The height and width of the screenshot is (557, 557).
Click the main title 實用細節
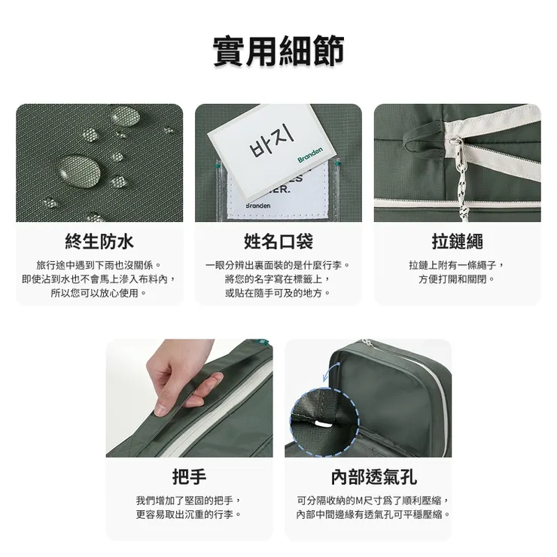pyautogui.click(x=278, y=51)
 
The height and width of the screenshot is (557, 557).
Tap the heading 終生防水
pyautogui.click(x=99, y=242)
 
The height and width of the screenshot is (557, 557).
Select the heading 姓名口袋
pyautogui.click(x=278, y=242)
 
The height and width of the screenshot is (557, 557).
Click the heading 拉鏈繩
pyautogui.click(x=457, y=242)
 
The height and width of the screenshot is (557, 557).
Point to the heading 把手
pyautogui.click(x=189, y=476)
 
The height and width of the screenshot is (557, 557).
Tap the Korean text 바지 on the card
pyautogui.click(x=269, y=141)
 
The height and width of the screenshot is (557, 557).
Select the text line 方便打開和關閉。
pyautogui.click(x=457, y=279)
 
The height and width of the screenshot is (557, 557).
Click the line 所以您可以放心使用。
pyautogui.click(x=99, y=293)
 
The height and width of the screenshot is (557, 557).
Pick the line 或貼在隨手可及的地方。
pyautogui.click(x=278, y=293)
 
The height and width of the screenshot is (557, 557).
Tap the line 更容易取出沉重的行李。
pyautogui.click(x=189, y=514)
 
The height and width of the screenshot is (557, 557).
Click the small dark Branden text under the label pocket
pyautogui.click(x=257, y=205)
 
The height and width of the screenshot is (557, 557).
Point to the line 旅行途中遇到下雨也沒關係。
pyautogui.click(x=99, y=266)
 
